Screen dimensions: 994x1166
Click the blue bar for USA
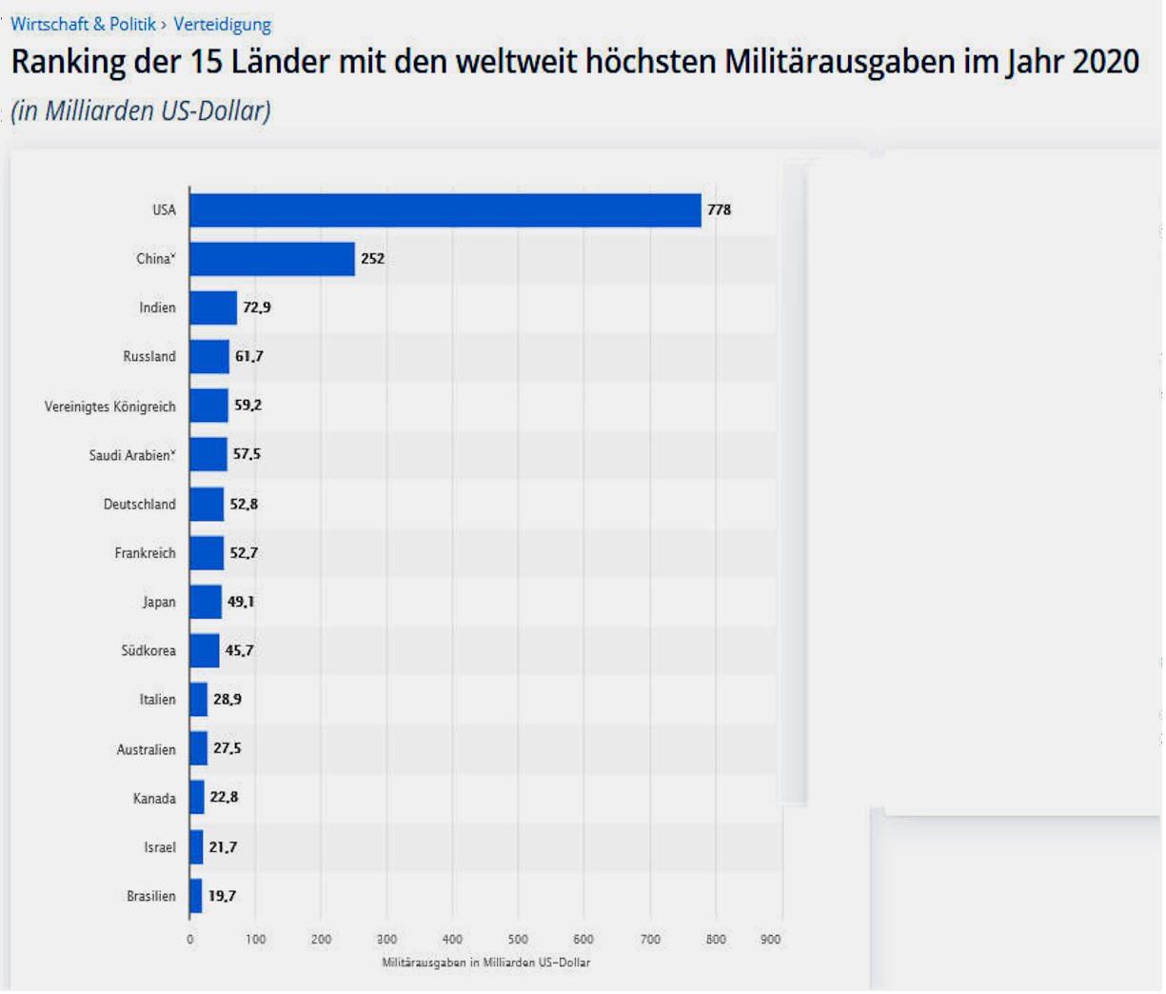point(445,210)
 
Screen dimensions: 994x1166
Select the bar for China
point(271,259)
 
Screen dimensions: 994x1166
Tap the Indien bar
point(212,308)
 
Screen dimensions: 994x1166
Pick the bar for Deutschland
point(206,505)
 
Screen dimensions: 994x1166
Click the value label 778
point(719,209)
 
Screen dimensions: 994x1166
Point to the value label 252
point(372,259)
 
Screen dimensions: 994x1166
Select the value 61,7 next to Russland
point(248,357)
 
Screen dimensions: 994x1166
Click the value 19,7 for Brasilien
point(222,897)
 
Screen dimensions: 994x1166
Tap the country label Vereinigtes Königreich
point(109,408)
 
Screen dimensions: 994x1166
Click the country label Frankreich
point(145,553)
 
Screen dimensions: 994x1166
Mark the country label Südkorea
point(148,651)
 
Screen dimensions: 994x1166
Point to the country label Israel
point(159,848)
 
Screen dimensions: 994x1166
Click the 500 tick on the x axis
point(518,940)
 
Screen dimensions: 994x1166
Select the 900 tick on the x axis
point(770,940)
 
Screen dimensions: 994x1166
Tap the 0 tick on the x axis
point(189,940)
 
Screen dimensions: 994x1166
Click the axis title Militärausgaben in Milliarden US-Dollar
point(485,964)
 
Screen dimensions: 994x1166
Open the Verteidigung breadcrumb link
point(222,25)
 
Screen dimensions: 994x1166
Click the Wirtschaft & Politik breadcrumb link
point(83,25)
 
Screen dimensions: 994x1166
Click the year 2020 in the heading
point(1105,63)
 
